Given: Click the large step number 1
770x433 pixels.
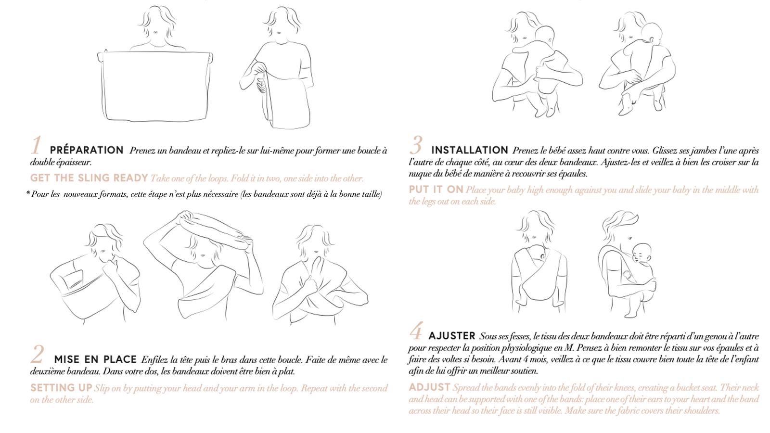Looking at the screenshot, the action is [x=36, y=145].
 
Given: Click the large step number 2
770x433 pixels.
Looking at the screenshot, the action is [x=37, y=354].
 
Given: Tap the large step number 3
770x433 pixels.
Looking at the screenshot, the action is [x=416, y=145].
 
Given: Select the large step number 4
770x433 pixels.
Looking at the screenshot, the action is [x=416, y=331].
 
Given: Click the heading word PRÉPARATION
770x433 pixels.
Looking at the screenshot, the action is [x=87, y=150].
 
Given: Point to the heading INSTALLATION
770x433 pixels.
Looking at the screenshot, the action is [x=470, y=150].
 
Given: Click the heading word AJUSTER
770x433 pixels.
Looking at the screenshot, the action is [x=452, y=336].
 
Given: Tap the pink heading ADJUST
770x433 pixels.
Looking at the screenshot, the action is [x=429, y=387].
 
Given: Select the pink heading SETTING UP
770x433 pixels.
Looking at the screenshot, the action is [x=61, y=388].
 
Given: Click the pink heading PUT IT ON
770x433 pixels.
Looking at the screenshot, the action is [x=436, y=190].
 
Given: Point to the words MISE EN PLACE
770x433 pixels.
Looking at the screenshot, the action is [x=95, y=359].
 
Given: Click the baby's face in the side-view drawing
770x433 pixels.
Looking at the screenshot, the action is [x=640, y=255].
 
